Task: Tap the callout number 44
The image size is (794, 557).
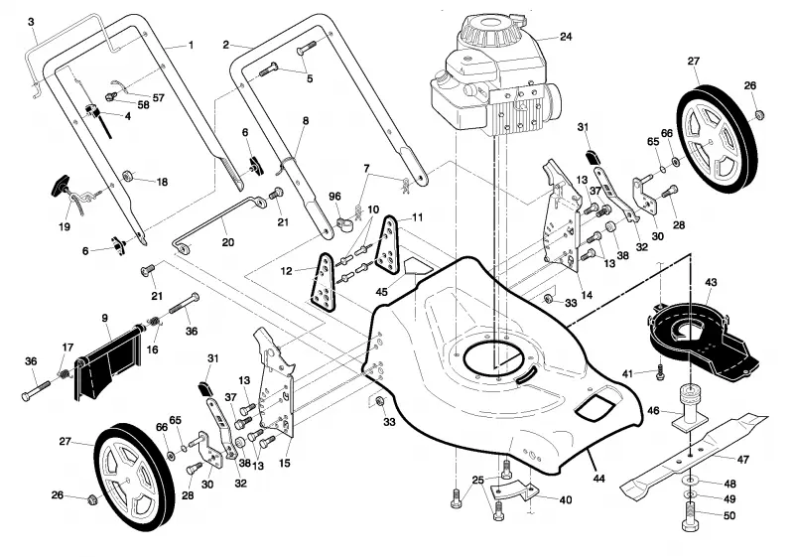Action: point(599,479)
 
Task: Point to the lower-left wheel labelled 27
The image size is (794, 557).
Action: point(135,478)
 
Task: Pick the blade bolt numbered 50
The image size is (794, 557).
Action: point(691,516)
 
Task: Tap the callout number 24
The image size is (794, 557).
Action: point(566,37)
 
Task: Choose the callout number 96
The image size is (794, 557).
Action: point(334,197)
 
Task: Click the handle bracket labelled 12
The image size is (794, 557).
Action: point(322,283)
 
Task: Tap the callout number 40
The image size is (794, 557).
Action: point(565,500)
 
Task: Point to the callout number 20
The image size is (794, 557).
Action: point(228,242)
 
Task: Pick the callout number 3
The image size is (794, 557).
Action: point(31,22)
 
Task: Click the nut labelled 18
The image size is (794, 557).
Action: point(128,176)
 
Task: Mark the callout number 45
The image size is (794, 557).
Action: point(381,292)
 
